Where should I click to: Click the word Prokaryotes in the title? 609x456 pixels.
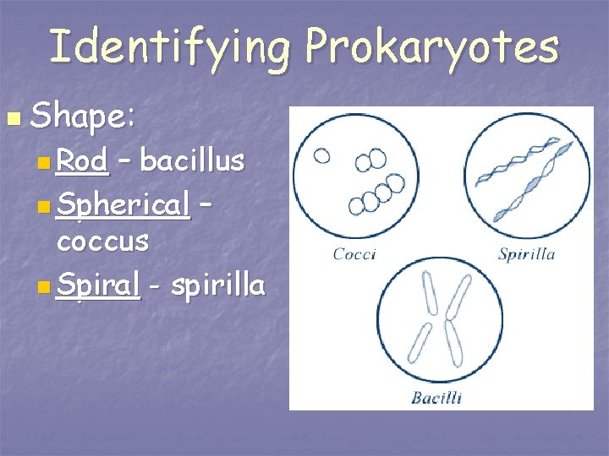point(431,46)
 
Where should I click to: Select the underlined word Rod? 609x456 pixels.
point(82,160)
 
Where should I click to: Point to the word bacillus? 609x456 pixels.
point(193,160)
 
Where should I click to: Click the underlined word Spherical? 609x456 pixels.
point(123,203)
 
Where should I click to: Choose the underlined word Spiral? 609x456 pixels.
point(97,285)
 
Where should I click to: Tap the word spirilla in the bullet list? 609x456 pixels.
point(217,285)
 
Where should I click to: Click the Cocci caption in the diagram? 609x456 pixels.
point(354,253)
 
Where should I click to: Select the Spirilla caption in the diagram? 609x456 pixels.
point(525,253)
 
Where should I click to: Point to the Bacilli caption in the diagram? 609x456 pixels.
point(436,397)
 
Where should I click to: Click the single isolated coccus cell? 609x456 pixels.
point(322,155)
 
